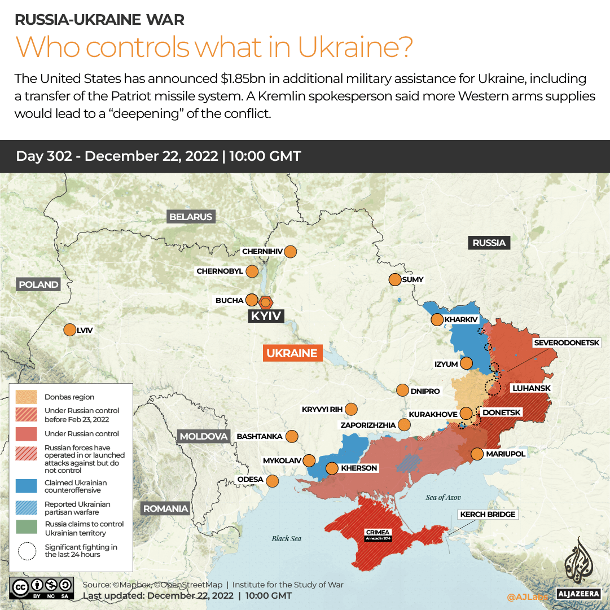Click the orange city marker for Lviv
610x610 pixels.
tap(70, 330)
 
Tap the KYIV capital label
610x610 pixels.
tap(266, 316)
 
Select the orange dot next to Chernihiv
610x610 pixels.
tap(291, 252)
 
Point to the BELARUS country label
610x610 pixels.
tap(191, 217)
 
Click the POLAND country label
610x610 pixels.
tap(38, 284)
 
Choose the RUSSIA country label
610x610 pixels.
tap(489, 243)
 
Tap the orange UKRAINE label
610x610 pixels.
tap(292, 353)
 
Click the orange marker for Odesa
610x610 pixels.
tap(273, 481)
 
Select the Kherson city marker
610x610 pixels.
tap(332, 468)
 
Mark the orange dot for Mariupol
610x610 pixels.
tap(477, 454)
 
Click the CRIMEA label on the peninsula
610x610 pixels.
tap(377, 532)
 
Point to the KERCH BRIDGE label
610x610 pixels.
tap(488, 514)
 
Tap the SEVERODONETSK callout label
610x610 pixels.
tap(571, 343)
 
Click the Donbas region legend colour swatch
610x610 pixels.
tap(27, 397)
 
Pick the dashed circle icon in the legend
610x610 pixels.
tap(27, 551)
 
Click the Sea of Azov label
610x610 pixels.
tap(443, 497)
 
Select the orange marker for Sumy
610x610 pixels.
tap(394, 279)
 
